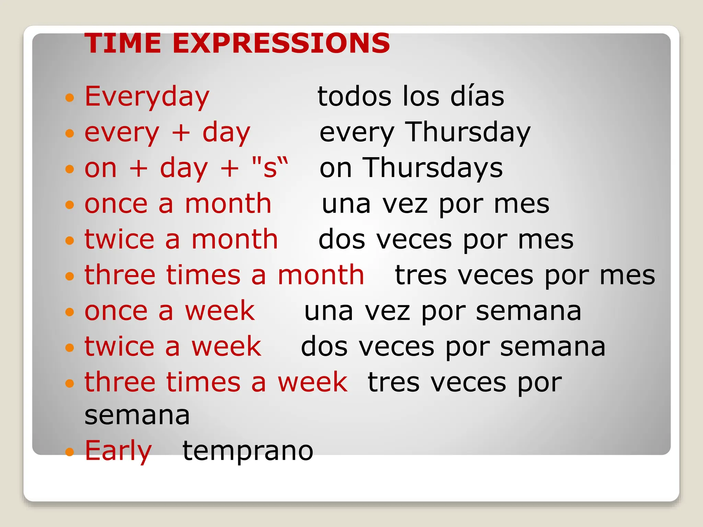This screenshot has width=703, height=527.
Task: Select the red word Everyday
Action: pos(147,97)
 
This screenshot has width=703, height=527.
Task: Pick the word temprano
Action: pos(247,451)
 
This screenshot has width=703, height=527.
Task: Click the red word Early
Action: pos(118,451)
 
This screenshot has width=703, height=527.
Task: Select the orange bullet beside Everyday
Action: pos(70,98)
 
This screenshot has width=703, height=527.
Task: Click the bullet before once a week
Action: pos(70,312)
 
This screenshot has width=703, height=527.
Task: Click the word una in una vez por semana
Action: pos(329,312)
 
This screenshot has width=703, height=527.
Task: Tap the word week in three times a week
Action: pos(312,382)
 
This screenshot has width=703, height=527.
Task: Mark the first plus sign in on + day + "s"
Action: pos(138,168)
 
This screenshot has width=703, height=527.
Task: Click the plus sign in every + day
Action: pos(181,133)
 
